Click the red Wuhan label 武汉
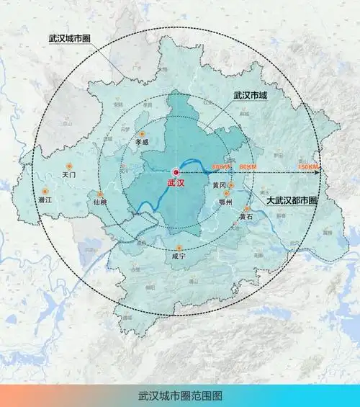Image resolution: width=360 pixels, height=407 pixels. [x=176, y=183]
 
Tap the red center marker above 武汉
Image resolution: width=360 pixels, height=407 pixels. [x=176, y=171]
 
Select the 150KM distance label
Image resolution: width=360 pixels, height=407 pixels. [x=307, y=167]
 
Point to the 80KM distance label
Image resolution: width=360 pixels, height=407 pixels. [x=247, y=167]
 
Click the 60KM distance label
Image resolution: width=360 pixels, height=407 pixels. [x=221, y=167]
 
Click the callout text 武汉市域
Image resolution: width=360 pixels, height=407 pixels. [x=251, y=95]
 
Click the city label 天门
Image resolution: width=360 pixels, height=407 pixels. [x=69, y=174]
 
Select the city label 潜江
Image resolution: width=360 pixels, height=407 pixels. [x=45, y=199]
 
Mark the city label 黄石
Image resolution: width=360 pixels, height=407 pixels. [x=246, y=216]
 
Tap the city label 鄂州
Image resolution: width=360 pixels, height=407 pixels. [x=225, y=203]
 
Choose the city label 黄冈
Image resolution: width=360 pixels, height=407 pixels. [x=220, y=185]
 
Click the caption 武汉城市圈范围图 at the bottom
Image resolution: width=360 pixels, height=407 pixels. [x=180, y=395]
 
